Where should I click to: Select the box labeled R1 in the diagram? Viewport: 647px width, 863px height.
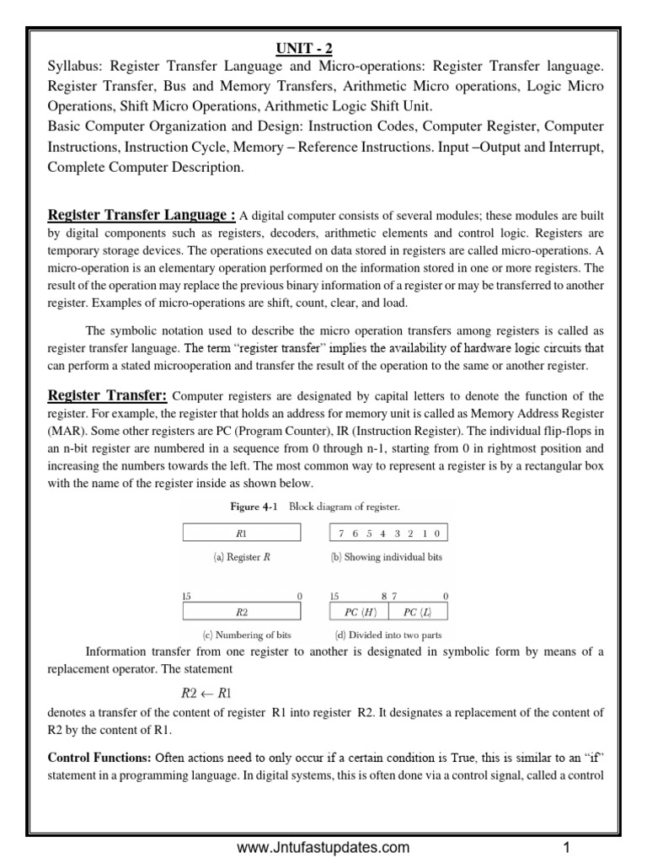[x=240, y=533]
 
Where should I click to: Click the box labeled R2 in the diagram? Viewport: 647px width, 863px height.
[x=240, y=612]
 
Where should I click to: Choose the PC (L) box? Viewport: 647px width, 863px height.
[x=418, y=612]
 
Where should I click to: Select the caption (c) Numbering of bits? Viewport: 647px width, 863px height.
[x=242, y=635]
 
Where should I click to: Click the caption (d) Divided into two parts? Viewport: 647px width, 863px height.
[x=388, y=635]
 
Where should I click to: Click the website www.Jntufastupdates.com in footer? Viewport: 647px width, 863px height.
[x=323, y=847]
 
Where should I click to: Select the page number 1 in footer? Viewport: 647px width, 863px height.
[x=567, y=847]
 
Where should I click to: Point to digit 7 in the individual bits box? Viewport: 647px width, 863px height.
[x=340, y=533]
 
